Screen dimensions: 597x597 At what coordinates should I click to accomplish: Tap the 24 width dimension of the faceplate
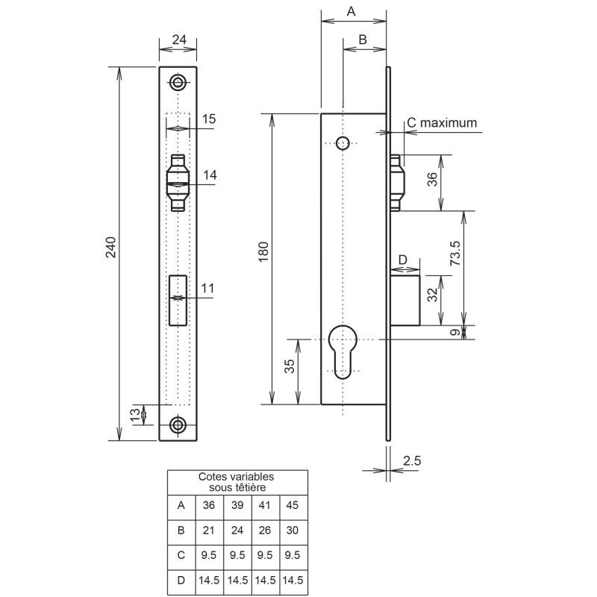coord(179,40)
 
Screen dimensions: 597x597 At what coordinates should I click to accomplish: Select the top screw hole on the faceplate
coord(178,82)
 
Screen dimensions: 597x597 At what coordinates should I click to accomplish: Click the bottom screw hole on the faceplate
coord(178,425)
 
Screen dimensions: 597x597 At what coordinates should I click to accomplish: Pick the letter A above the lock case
coord(353,11)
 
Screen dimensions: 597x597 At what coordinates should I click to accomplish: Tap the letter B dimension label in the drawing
coord(362,40)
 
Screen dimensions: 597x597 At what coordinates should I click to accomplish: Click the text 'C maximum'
coord(441,123)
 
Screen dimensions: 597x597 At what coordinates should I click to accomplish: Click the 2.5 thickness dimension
coord(412,461)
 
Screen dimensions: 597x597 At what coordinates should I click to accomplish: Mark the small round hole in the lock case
coord(342,143)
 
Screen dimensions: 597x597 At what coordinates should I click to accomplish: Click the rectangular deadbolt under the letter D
coord(404,299)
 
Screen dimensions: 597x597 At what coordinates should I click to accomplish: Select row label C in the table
coord(180,554)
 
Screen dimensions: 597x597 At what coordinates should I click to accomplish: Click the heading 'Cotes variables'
coord(237,476)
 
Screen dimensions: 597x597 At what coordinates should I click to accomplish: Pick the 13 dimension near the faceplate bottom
coord(135,415)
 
